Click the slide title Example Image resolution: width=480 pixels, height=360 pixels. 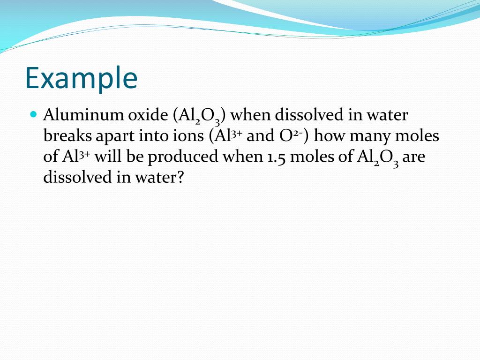coord(81,78)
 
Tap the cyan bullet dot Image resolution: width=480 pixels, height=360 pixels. coord(33,114)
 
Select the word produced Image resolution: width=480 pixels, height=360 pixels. coord(183,157)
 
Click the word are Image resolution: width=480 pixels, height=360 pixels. coord(413,157)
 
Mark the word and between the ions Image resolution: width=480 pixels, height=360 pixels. coord(257,136)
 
